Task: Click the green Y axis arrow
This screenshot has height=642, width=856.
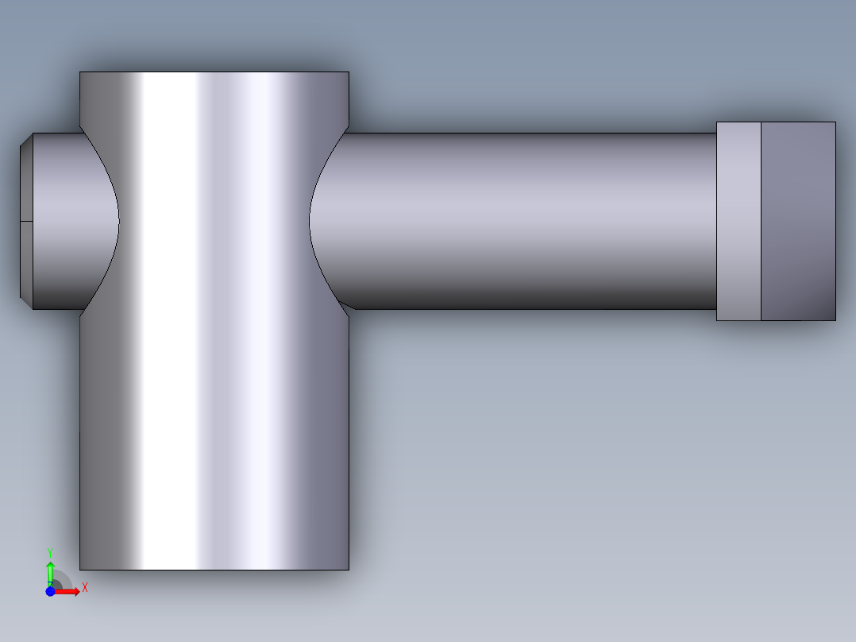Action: coord(50,571)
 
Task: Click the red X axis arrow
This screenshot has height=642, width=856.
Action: coord(69,591)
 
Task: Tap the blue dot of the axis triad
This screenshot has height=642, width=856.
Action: coord(50,591)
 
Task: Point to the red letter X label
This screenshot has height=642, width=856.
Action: coord(84,588)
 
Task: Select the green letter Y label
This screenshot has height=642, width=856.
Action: coord(49,551)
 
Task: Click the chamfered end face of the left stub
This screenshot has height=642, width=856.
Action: coord(26,221)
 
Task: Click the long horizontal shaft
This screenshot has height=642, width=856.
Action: coord(516,221)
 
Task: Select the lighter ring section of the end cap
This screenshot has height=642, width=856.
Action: coord(738,221)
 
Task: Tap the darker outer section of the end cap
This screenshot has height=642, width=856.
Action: coord(798,221)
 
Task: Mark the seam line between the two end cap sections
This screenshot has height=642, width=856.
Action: coord(761,221)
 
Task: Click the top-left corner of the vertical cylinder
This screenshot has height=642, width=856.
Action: coord(80,72)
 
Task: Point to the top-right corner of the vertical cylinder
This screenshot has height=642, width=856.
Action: coord(349,72)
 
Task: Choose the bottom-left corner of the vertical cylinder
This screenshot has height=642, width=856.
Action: coord(80,569)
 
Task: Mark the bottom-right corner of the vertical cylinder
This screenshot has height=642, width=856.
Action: coord(349,569)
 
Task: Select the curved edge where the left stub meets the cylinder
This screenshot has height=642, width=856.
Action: coord(118,221)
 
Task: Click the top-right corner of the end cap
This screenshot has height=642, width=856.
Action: coord(835,122)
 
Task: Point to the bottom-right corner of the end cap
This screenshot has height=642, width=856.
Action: coord(835,320)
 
